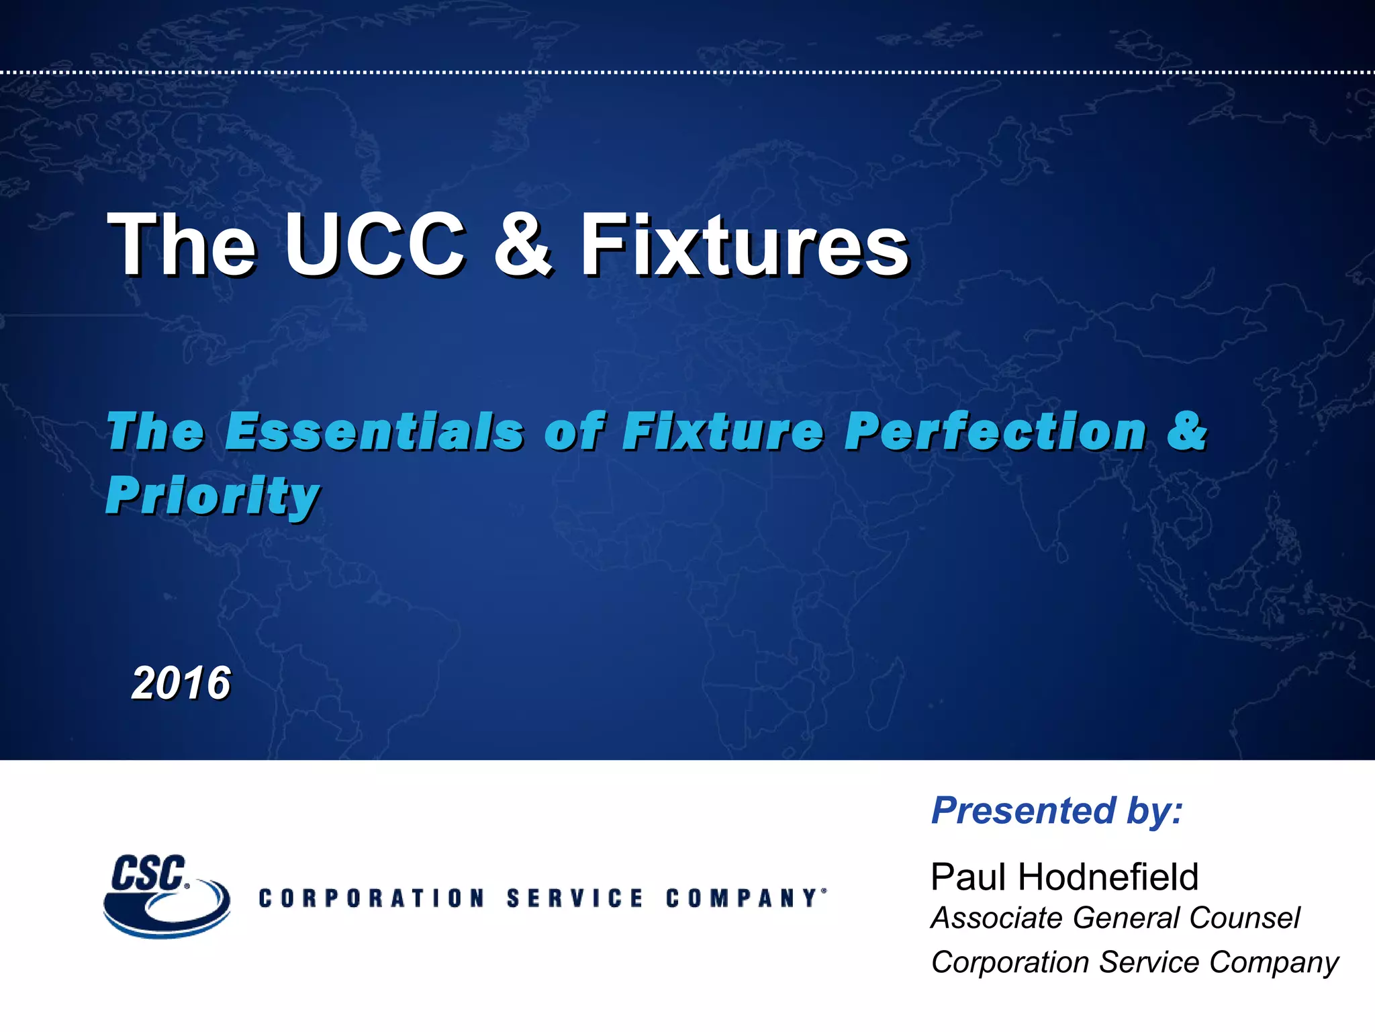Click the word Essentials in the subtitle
pos(373,431)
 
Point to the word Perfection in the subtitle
pos(995,431)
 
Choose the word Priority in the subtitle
pos(212,496)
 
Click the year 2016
pos(181,683)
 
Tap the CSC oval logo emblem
pos(167,897)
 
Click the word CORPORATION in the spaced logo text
pos(371,898)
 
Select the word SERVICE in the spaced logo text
pos(575,898)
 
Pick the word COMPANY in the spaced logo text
pos(742,898)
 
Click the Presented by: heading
pos(1057,810)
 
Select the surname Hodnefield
pos(1108,877)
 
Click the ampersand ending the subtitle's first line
pos(1187,431)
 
